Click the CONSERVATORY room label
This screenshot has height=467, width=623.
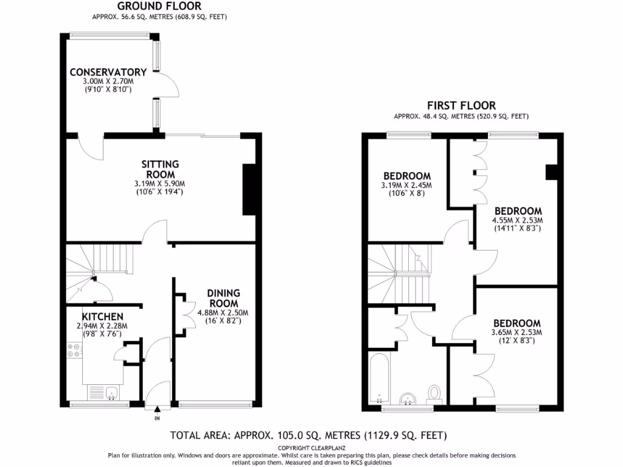[x=108, y=72]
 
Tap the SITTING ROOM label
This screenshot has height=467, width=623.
[x=160, y=169]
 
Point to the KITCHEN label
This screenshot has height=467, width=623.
[x=103, y=316]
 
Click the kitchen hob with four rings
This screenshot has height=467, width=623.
[x=74, y=351]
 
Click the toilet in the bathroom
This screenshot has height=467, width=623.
[x=434, y=393]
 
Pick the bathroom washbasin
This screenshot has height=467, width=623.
[x=406, y=398]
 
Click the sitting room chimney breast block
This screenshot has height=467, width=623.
[x=249, y=189]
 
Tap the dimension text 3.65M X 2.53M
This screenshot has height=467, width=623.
[x=517, y=332]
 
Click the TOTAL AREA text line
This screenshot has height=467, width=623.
[x=308, y=435]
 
